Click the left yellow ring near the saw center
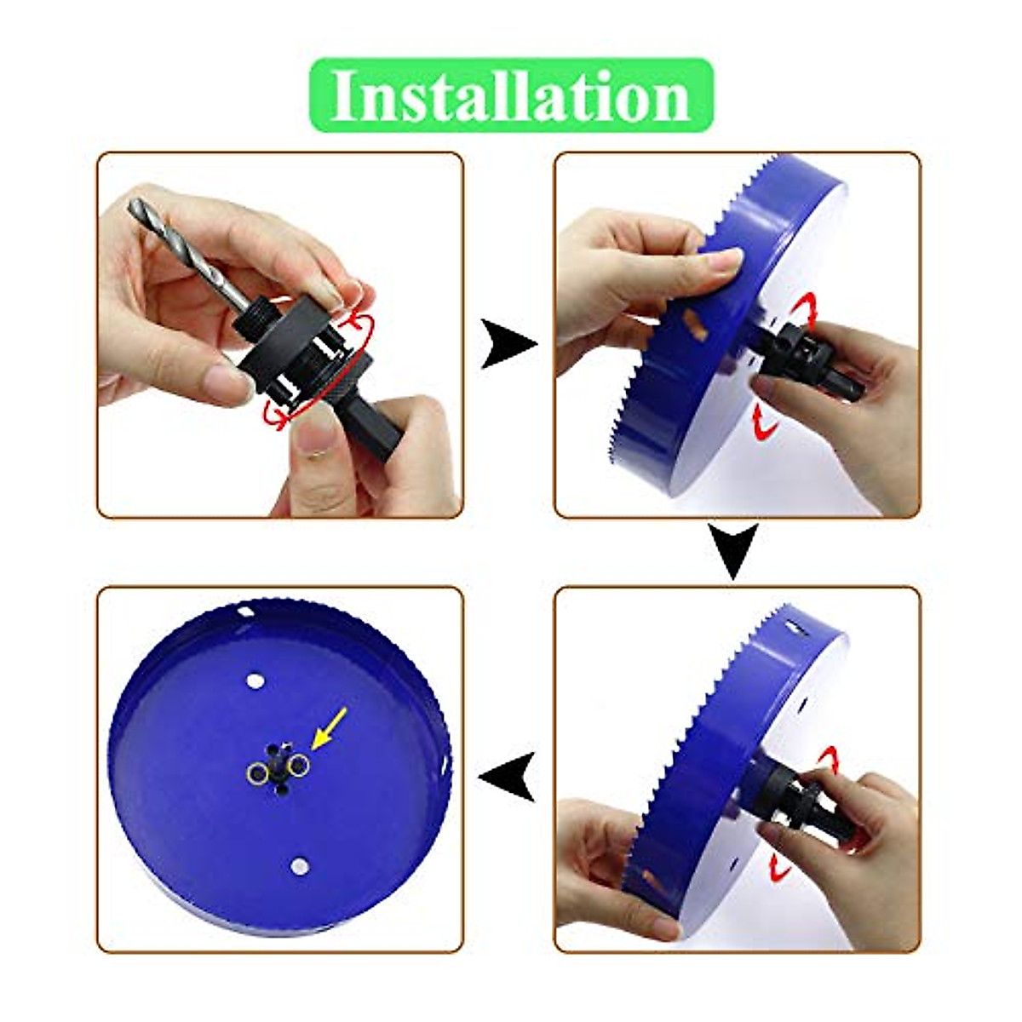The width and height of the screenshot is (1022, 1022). click(256, 772)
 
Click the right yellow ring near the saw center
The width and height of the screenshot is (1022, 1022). click(297, 767)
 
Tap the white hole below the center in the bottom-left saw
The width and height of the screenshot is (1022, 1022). click(297, 865)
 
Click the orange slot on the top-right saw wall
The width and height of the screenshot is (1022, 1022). click(695, 326)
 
